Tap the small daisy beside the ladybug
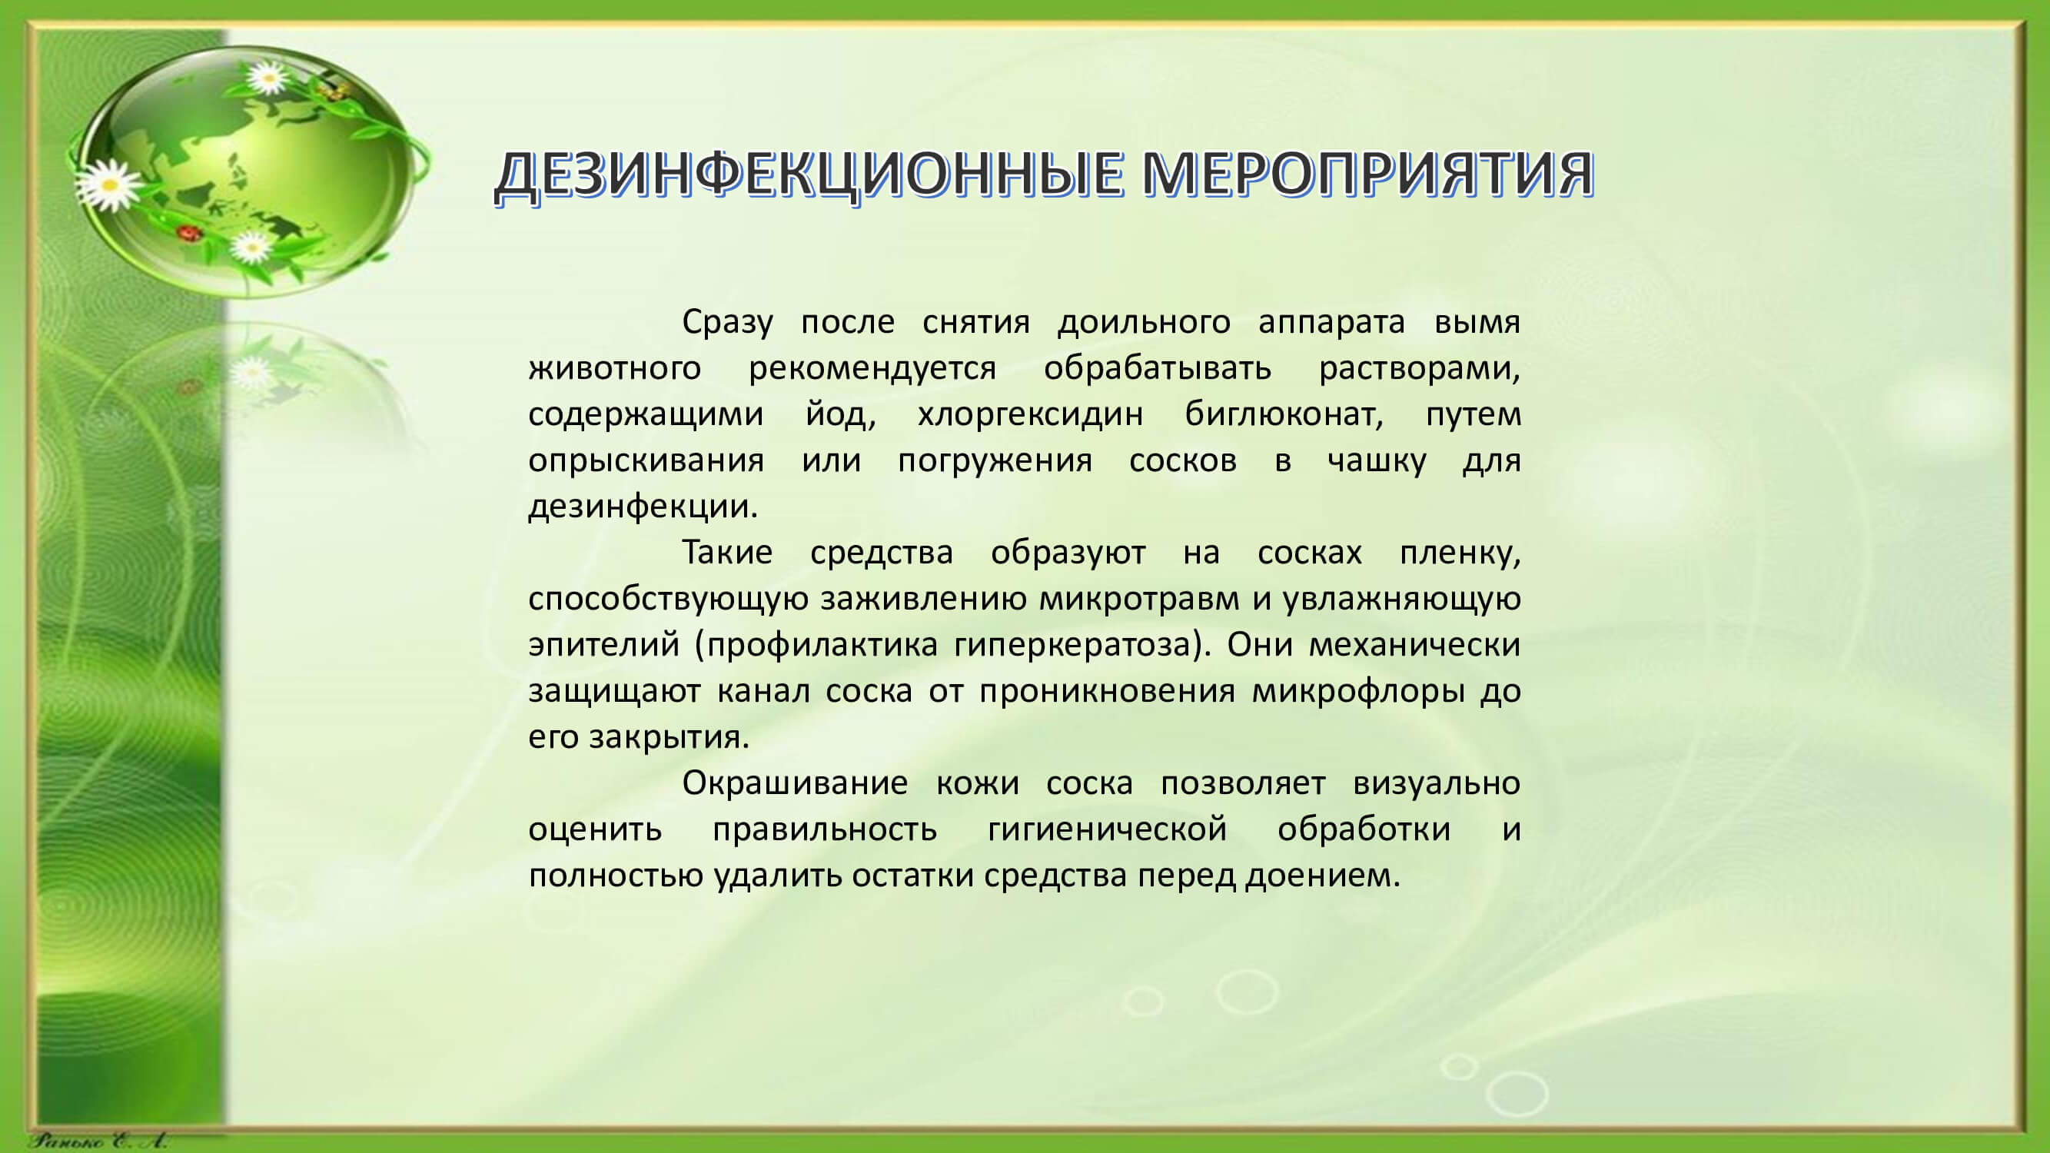coord(253,247)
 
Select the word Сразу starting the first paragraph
coord(727,322)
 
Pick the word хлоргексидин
coord(1031,414)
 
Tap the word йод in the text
coord(840,414)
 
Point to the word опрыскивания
coord(646,460)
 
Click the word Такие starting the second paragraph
coord(727,552)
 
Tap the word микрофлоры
coord(1358,691)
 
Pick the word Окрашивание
coord(795,783)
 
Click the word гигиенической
coord(1108,829)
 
